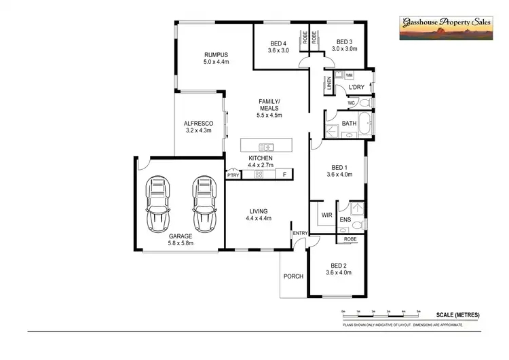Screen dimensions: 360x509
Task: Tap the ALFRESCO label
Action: [198, 124]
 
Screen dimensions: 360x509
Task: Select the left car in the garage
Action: [158, 204]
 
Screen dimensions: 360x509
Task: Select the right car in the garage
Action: [202, 204]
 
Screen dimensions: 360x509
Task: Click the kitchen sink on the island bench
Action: [267, 146]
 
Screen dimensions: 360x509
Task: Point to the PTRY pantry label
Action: [233, 175]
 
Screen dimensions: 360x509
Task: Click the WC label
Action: [352, 103]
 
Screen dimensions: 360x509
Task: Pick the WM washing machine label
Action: [349, 75]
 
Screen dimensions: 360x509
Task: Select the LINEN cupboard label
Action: [329, 86]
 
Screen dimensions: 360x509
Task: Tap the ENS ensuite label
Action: [345, 220]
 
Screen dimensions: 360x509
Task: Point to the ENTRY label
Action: [299, 234]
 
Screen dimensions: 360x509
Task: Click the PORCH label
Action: [293, 276]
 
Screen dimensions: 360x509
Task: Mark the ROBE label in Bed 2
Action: [350, 239]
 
